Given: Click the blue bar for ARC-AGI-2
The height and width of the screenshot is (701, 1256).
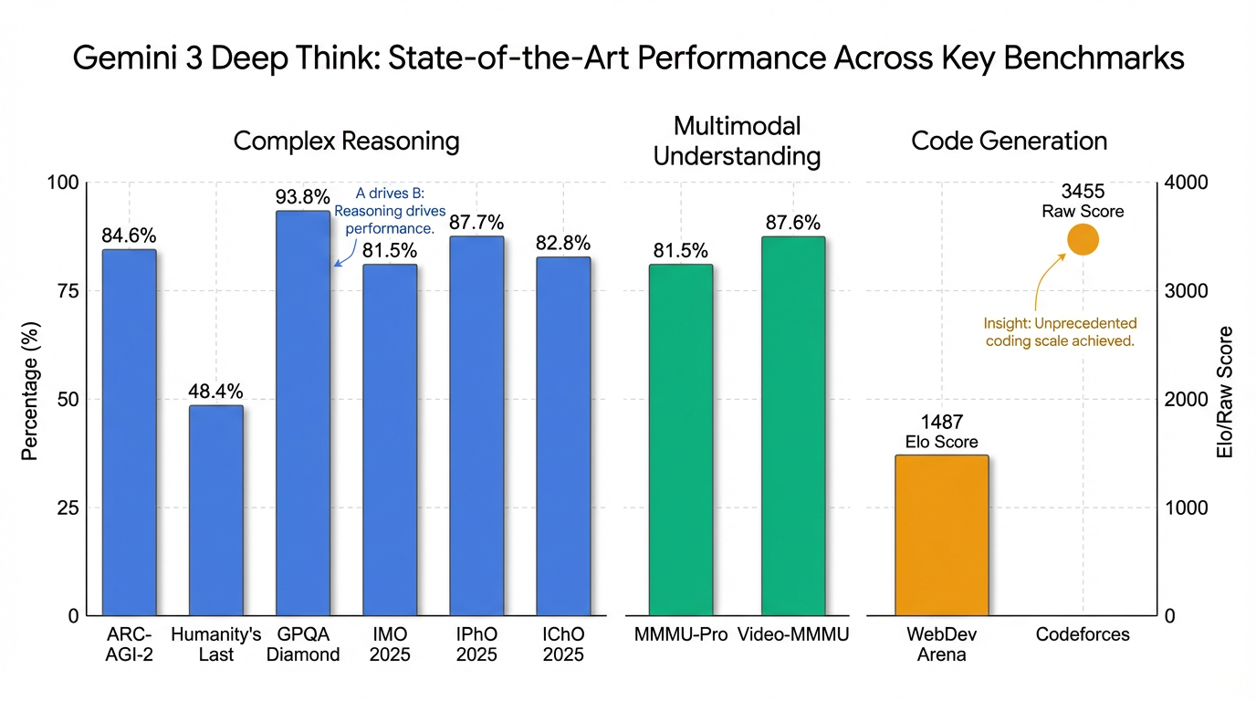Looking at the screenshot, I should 129,433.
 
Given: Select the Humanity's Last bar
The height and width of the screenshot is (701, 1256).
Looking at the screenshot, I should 216,510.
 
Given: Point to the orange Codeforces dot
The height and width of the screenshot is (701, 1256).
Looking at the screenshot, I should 1083,240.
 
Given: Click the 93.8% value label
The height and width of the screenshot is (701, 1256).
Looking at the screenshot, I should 302,196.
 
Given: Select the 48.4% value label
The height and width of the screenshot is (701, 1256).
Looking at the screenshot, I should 216,392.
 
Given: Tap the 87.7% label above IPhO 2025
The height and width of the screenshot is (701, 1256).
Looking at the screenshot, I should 476,223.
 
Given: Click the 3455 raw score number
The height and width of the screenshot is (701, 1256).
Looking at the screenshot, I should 1083,192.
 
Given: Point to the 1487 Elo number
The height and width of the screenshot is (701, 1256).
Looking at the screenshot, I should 942,423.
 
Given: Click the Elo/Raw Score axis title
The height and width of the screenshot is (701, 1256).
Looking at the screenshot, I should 1226,392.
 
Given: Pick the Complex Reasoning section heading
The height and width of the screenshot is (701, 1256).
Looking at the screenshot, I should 346,141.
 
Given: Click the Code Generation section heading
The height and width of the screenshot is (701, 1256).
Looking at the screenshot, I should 1009,141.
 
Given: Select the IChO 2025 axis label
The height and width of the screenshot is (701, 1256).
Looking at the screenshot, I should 563,643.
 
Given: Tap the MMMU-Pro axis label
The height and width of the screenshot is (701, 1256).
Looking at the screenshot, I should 680,634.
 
